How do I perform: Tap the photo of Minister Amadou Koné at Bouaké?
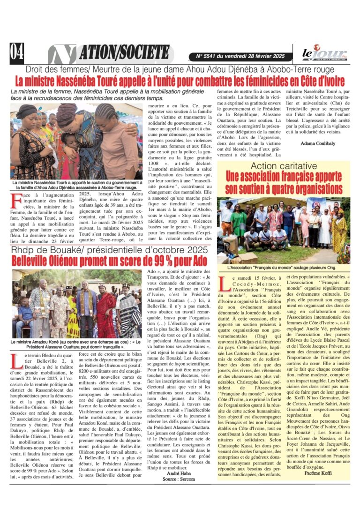click(x=76, y=304)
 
